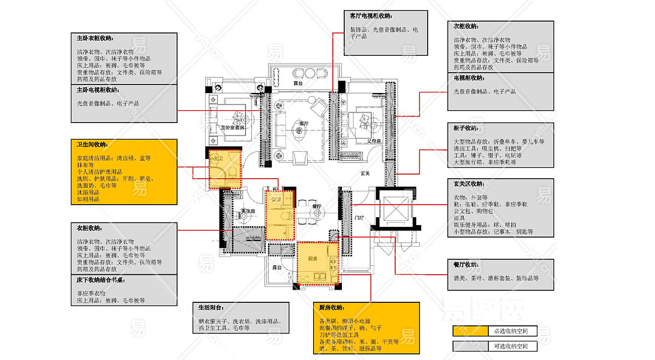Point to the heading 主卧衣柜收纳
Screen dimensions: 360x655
pos(95,38)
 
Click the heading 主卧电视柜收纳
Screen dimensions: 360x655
pos(98,90)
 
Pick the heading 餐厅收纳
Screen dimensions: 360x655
pos(465,264)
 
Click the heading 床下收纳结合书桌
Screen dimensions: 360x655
pos(100,280)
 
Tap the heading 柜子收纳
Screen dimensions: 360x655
pos(465,128)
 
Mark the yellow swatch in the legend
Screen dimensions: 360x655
pos(470,331)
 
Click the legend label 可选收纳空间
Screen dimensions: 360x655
pos(507,346)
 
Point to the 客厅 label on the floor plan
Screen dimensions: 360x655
pos(304,123)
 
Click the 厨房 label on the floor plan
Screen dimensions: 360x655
pos(312,259)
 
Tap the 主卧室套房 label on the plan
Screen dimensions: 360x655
pos(232,127)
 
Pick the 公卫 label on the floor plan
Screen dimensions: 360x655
pos(276,199)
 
